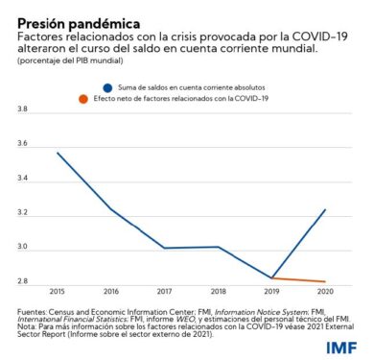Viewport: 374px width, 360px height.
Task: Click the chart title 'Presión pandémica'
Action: coord(79,24)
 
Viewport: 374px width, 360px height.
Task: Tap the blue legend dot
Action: coord(107,88)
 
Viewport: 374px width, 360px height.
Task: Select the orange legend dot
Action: coord(83,99)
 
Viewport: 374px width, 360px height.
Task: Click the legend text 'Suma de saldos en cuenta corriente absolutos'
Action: coord(192,87)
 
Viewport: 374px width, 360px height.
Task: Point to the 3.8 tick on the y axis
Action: coord(22,109)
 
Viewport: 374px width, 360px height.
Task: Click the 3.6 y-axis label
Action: coord(22,144)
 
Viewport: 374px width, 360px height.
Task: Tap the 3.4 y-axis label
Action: coord(22,179)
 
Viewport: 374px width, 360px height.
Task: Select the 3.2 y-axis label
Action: coord(22,213)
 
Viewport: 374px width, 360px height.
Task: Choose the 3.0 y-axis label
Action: coord(22,248)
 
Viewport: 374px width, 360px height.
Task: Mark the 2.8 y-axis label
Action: coord(22,281)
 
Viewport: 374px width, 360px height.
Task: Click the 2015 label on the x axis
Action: coord(58,292)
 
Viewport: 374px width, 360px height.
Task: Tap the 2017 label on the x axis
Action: coord(165,292)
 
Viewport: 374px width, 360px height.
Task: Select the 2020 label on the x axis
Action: coord(325,292)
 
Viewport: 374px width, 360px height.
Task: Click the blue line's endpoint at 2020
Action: coord(325,209)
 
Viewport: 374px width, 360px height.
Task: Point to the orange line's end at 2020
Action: coord(325,281)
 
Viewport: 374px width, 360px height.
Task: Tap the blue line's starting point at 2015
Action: coord(58,153)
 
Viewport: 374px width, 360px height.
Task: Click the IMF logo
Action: coord(341,348)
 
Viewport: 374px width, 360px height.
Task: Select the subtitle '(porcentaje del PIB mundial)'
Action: coord(70,60)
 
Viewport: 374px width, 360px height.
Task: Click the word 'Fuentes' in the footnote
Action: coord(32,312)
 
